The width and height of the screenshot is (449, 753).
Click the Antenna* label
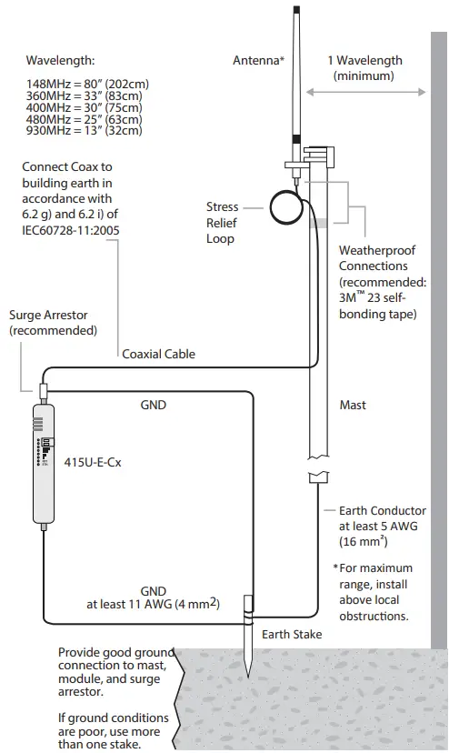point(259,61)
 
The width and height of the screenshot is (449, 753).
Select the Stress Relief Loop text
point(221,223)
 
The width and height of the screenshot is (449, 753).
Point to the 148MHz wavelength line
point(87,85)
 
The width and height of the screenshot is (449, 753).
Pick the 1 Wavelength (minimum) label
point(364,68)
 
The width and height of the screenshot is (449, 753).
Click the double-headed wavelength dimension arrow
point(365,92)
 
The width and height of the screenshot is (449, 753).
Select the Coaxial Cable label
point(158,354)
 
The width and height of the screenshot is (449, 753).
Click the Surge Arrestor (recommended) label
point(53,323)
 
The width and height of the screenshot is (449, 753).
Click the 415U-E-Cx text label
point(94,462)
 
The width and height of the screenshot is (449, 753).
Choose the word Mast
point(352,405)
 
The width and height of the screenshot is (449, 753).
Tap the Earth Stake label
point(291,635)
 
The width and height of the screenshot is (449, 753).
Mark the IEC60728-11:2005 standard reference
point(71,231)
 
